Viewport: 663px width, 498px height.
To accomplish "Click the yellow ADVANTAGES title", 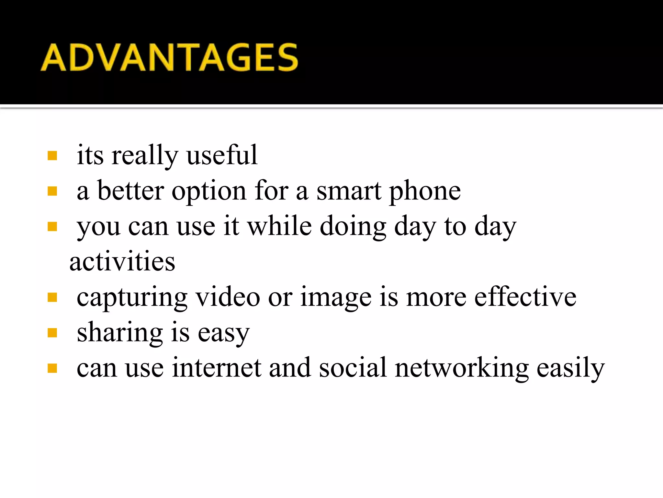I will coord(169,57).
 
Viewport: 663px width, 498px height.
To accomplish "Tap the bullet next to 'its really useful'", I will coord(52,156).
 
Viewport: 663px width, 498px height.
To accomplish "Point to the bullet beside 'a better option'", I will coord(52,191).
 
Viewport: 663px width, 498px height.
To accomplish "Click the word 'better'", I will coord(130,191).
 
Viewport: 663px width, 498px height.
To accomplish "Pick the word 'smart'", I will coord(349,191).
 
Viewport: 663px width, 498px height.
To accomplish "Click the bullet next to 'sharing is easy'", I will coord(52,333).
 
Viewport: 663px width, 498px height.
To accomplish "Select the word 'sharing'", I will coord(120,333).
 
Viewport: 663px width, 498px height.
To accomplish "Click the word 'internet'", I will coord(217,368).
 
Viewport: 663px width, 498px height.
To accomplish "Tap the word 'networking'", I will coord(462,368).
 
